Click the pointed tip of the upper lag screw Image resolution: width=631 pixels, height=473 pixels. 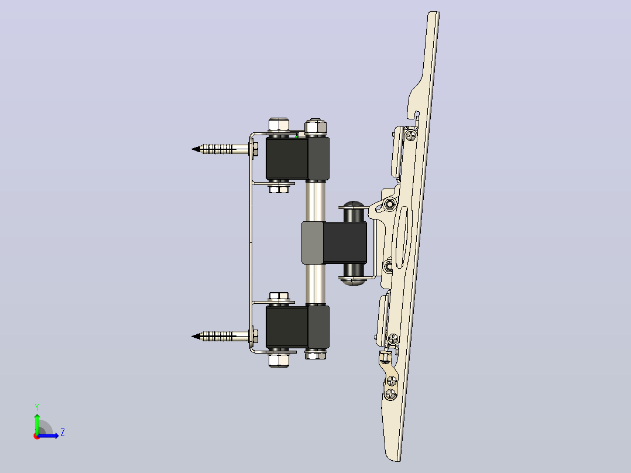click(192, 149)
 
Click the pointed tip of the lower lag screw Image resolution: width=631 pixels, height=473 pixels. click(192, 336)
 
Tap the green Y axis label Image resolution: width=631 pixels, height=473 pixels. click(37, 407)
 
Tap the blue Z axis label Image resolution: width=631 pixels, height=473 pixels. click(63, 433)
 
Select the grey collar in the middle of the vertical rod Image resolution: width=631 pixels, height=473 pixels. click(313, 243)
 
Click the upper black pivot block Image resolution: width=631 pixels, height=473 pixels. click(297, 158)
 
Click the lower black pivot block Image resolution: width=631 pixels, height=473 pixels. click(297, 327)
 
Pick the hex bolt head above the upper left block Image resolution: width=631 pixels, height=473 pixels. click(279, 124)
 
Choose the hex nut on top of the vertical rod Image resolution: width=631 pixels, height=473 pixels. click(315, 127)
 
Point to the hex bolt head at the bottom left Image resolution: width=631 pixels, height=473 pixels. click(279, 360)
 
